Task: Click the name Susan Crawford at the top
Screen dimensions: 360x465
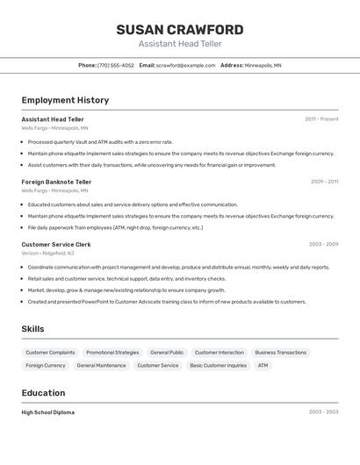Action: click(x=180, y=30)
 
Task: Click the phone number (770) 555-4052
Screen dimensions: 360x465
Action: click(x=115, y=65)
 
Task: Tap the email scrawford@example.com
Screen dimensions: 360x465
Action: click(x=185, y=65)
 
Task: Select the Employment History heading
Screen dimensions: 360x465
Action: click(x=65, y=100)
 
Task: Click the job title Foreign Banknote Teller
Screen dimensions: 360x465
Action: click(x=56, y=182)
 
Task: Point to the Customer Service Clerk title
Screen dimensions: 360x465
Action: click(x=56, y=244)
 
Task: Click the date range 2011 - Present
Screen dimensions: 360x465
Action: click(x=321, y=119)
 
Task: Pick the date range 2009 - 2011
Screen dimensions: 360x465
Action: click(x=324, y=182)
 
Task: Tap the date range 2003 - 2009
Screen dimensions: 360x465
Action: click(x=323, y=244)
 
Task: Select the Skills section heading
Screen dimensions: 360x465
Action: click(x=33, y=329)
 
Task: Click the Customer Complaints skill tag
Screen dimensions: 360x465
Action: click(x=50, y=352)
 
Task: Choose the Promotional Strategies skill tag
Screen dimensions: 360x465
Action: click(x=112, y=352)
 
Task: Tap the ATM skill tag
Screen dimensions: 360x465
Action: click(x=263, y=365)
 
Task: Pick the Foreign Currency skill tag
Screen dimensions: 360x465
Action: click(x=46, y=365)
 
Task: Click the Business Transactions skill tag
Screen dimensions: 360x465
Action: click(x=280, y=352)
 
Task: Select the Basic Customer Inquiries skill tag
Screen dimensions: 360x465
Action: click(x=218, y=365)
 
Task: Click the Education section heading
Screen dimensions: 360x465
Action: click(x=43, y=393)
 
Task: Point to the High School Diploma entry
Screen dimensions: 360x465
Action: click(x=48, y=411)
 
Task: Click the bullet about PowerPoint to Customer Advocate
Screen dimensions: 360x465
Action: click(x=167, y=302)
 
